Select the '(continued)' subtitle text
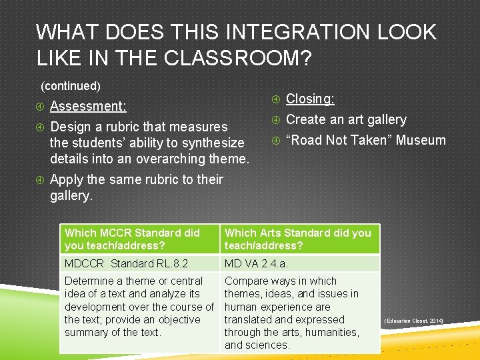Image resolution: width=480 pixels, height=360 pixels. [71, 86]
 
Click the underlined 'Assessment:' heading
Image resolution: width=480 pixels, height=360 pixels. [88, 106]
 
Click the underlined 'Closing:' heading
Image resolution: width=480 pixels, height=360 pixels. [310, 99]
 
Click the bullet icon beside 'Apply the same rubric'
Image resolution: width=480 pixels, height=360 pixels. [41, 180]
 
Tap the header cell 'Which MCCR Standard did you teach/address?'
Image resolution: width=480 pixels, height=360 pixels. [139, 239]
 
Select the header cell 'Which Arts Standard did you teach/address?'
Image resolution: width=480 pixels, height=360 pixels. [299, 239]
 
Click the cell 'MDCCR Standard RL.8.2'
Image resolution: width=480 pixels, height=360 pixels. [139, 263]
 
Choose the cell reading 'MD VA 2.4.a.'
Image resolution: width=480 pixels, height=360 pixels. [299, 263]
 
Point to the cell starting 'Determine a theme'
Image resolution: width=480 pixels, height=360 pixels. [139, 307]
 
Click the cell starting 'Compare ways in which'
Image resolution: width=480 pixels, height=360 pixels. [299, 313]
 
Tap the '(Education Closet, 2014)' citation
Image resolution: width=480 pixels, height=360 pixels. [413, 321]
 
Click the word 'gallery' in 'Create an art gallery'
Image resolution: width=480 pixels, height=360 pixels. [383, 119]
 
